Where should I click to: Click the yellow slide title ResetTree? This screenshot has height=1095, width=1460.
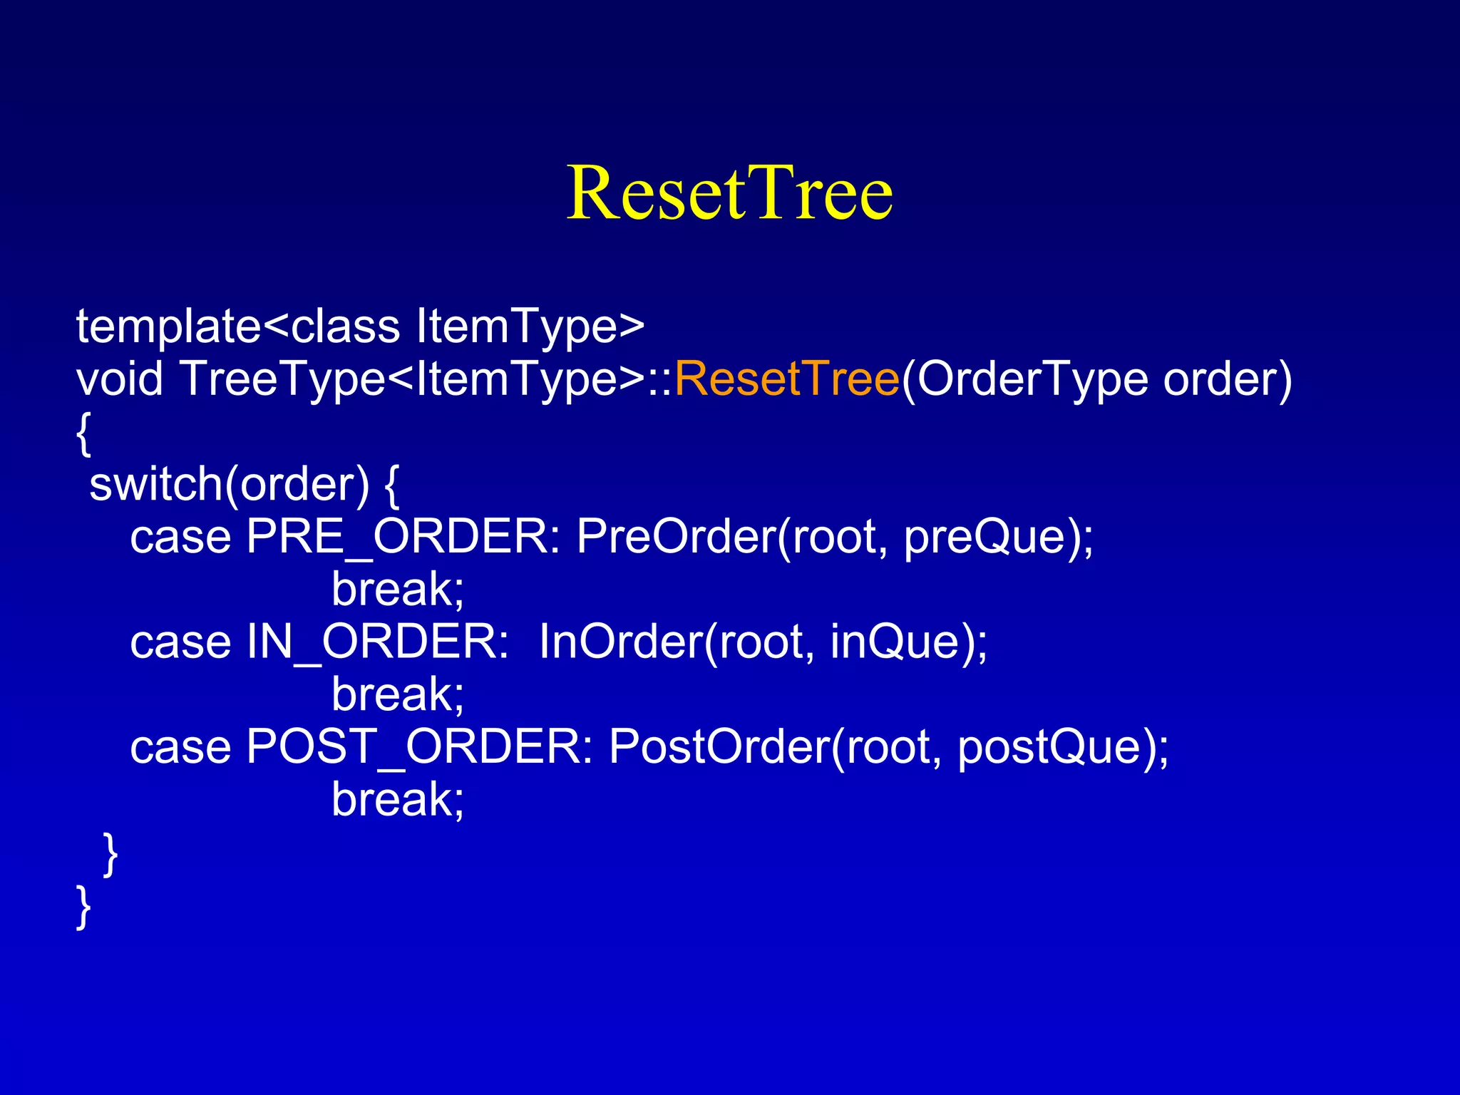729,192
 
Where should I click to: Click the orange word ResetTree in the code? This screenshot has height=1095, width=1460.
786,379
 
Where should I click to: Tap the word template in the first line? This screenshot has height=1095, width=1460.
169,327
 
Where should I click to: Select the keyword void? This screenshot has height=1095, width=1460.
120,379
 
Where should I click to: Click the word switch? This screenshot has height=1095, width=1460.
156,484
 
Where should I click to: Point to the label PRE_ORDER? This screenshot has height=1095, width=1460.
403,537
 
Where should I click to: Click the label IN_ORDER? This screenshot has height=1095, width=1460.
377,642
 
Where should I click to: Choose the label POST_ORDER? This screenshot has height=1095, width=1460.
419,746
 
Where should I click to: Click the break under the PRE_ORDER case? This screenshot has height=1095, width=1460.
397,590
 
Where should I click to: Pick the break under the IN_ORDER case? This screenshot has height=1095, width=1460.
397,694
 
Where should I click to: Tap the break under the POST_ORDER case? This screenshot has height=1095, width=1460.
397,799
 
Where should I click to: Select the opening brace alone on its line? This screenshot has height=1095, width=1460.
83,433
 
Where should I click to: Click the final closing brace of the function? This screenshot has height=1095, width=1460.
83,906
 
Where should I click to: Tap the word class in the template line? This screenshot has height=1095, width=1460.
346,327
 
